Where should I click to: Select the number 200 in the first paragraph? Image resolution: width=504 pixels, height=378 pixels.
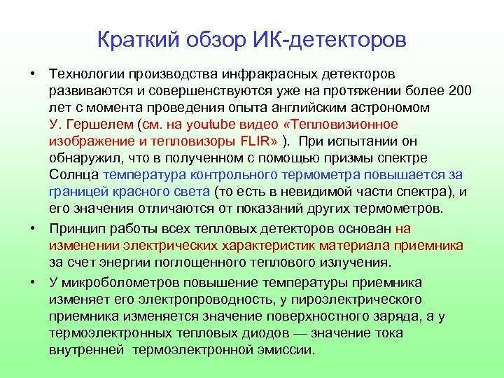[x=458, y=91]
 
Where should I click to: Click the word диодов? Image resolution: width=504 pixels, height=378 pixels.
[x=261, y=332]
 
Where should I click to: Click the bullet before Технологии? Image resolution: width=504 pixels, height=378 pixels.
[x=33, y=74]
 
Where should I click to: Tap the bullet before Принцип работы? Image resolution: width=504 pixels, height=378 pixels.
[x=33, y=228]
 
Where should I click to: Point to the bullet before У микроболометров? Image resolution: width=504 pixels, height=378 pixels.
[x=33, y=282]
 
